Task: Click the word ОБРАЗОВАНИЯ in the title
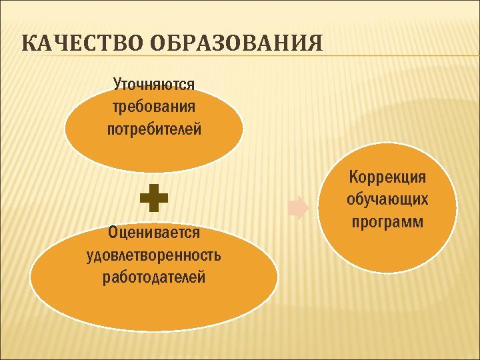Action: tap(231, 45)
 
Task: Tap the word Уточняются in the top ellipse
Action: tap(154, 85)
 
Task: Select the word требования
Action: tap(154, 107)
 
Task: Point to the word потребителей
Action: tap(154, 129)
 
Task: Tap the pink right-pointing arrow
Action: tap(298, 207)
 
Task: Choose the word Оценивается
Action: tap(154, 233)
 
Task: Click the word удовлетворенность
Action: tap(154, 255)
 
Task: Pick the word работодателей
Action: tap(154, 277)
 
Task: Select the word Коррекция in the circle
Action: tap(387, 177)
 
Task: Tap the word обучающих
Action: tap(387, 199)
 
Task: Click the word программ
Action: tap(387, 221)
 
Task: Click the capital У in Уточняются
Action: tap(118, 85)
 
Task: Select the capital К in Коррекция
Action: tap(354, 177)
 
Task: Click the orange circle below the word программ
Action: tap(387, 250)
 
